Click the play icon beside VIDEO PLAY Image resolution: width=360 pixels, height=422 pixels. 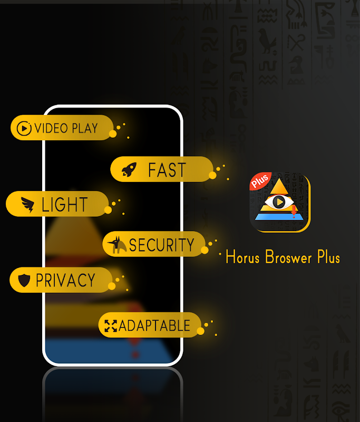click(24, 128)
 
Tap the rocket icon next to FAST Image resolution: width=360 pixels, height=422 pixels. click(129, 169)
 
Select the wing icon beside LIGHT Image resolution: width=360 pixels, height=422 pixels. click(28, 205)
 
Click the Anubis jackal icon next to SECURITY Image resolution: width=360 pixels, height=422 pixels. click(117, 245)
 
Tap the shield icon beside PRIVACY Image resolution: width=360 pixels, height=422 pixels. click(24, 280)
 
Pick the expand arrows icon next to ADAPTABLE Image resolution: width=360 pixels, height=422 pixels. click(111, 325)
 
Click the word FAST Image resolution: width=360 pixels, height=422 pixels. click(167, 170)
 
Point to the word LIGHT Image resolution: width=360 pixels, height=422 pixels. click(64, 205)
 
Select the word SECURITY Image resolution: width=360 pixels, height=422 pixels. click(161, 245)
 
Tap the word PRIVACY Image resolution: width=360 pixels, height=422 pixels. click(65, 280)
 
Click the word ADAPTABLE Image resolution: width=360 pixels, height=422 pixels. click(154, 325)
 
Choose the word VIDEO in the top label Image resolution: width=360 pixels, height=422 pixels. click(51, 128)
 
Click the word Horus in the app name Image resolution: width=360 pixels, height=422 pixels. click(242, 256)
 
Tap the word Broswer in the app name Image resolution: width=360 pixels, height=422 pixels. click(288, 257)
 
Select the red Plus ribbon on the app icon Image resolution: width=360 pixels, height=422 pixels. click(260, 180)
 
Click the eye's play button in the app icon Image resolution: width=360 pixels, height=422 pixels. click(279, 202)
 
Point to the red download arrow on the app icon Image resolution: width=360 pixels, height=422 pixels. click(294, 211)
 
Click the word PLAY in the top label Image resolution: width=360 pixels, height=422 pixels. click(85, 128)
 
